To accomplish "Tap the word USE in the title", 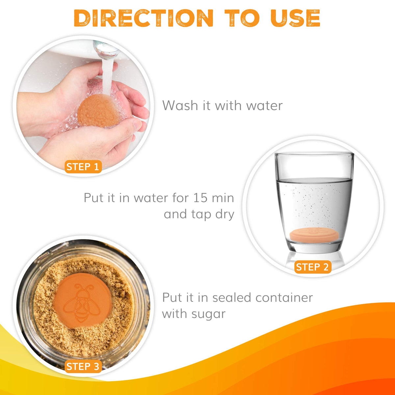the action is pyautogui.click(x=295, y=18).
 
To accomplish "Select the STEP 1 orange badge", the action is pyautogui.click(x=83, y=167).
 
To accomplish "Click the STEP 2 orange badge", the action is pyautogui.click(x=313, y=267).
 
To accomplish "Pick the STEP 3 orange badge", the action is pyautogui.click(x=83, y=366).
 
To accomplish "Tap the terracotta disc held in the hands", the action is pyautogui.click(x=98, y=111).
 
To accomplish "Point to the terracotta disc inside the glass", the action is pyautogui.click(x=314, y=235).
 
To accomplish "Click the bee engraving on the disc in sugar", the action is pyautogui.click(x=82, y=303).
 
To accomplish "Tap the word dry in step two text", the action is pyautogui.click(x=225, y=215).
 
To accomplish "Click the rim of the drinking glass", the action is pyautogui.click(x=314, y=153).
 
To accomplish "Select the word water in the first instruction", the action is pyautogui.click(x=264, y=106).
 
